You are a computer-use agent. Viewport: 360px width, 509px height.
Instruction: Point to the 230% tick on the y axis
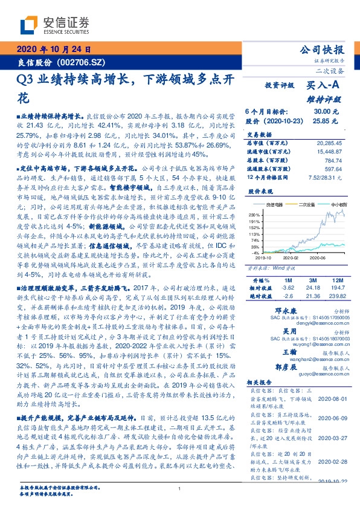pos(254,215)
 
